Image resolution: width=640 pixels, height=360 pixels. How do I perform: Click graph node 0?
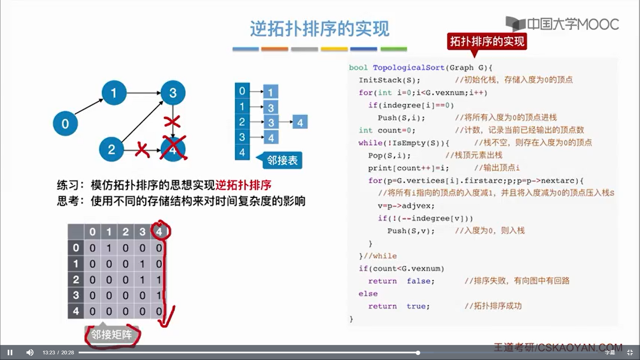[65, 124]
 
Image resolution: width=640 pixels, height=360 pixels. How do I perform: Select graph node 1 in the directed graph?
[114, 93]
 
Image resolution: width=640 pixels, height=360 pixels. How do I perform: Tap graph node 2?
[111, 149]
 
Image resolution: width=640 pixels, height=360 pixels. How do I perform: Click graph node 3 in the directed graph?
[173, 93]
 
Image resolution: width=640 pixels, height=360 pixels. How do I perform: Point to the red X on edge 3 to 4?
[172, 121]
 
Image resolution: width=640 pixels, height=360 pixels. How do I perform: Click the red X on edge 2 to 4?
[142, 150]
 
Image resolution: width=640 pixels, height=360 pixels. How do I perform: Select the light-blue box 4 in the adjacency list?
[300, 122]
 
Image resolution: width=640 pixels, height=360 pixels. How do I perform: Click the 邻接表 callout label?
[282, 160]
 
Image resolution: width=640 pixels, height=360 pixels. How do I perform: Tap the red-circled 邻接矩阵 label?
[111, 334]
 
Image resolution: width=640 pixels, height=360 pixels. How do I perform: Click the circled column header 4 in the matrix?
[159, 231]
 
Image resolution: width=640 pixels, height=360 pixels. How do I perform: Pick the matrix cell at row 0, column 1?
[109, 248]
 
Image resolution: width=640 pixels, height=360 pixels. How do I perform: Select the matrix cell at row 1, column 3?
[142, 264]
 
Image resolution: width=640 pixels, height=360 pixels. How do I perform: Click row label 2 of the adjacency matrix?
[76, 279]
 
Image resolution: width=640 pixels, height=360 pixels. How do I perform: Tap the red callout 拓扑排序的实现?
[487, 41]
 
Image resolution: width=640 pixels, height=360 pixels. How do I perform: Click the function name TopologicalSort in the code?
[408, 68]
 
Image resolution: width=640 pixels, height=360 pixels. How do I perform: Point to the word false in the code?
[418, 281]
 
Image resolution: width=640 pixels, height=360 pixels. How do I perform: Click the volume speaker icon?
[30, 352]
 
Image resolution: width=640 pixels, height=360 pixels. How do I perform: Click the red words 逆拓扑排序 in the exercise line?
[243, 185]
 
